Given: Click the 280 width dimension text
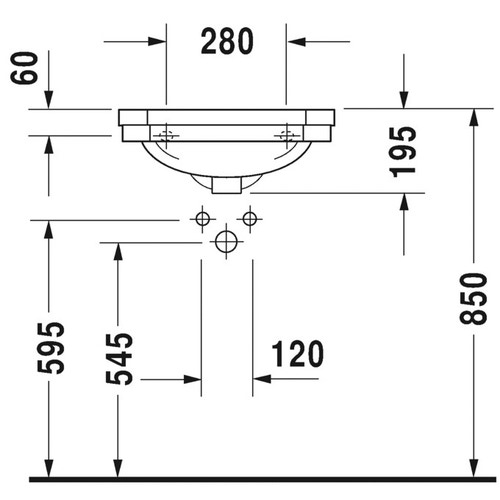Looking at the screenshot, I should tap(227, 42).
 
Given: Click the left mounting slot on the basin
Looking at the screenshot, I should tap(166, 133).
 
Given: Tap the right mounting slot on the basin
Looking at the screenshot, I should tap(290, 133).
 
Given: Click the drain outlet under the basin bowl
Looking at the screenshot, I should tap(227, 184).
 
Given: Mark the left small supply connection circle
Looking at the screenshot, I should tap(202, 218).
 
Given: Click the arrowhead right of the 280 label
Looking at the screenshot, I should tap(298, 42).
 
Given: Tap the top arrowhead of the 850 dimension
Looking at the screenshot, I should tap(471, 119).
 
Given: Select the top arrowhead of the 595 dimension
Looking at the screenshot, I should tap(46, 228).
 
